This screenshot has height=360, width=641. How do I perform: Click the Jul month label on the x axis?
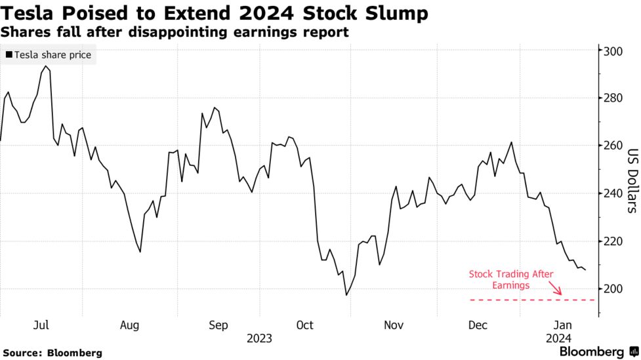pyautogui.click(x=41, y=325)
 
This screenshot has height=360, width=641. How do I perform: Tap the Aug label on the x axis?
pyautogui.click(x=129, y=325)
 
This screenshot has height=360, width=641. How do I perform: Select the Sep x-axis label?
pyautogui.click(x=218, y=325)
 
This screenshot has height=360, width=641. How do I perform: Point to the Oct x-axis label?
pyautogui.click(x=304, y=325)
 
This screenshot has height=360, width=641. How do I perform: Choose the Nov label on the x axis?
pyautogui.click(x=393, y=325)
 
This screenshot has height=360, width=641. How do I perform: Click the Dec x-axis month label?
pyautogui.click(x=478, y=325)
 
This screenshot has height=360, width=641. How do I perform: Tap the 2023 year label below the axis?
pyautogui.click(x=259, y=339)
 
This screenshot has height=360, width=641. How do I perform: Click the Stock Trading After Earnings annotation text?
pyautogui.click(x=511, y=279)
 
